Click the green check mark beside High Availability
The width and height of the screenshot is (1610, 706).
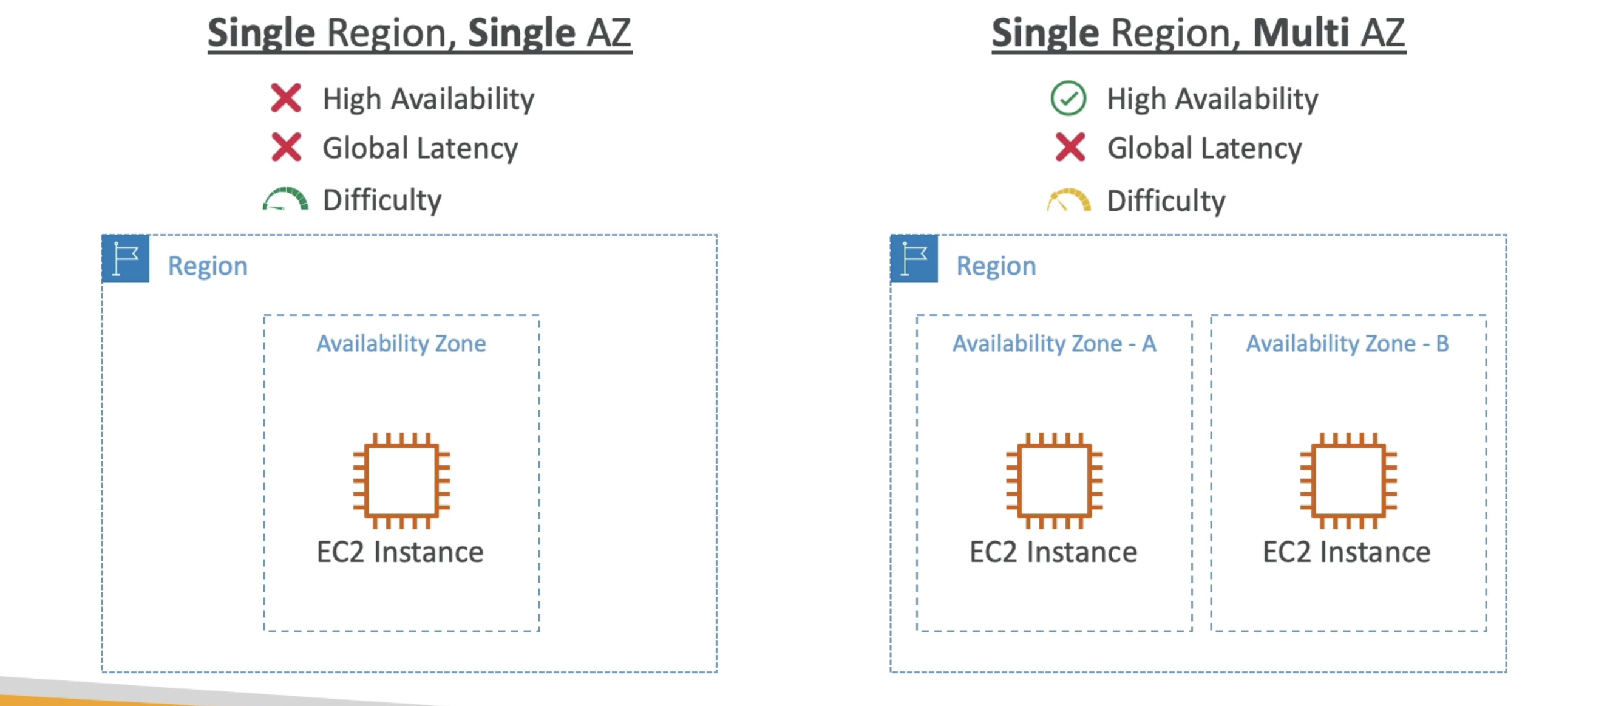pyautogui.click(x=1068, y=99)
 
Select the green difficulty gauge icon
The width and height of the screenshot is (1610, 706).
pyautogui.click(x=285, y=199)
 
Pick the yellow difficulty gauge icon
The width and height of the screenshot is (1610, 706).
pyautogui.click(x=1068, y=200)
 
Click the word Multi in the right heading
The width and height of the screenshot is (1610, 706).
pyautogui.click(x=1300, y=33)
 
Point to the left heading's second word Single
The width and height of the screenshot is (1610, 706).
pyautogui.click(x=521, y=33)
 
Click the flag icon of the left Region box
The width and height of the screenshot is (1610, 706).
pyautogui.click(x=126, y=258)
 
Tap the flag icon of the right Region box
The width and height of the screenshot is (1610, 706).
pyautogui.click(x=914, y=258)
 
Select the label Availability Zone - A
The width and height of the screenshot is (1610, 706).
pyautogui.click(x=1054, y=343)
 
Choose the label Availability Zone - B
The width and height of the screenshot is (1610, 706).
pyautogui.click(x=1348, y=343)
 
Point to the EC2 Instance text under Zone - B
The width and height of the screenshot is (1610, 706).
pyautogui.click(x=1347, y=552)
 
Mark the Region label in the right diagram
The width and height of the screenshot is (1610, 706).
pyautogui.click(x=996, y=266)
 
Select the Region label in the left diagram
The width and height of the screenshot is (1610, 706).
pyautogui.click(x=208, y=266)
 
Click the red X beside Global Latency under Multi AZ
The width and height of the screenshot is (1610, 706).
pyautogui.click(x=1070, y=148)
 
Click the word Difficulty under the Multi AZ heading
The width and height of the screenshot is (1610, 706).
pyautogui.click(x=1166, y=200)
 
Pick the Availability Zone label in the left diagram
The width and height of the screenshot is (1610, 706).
pyautogui.click(x=401, y=343)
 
